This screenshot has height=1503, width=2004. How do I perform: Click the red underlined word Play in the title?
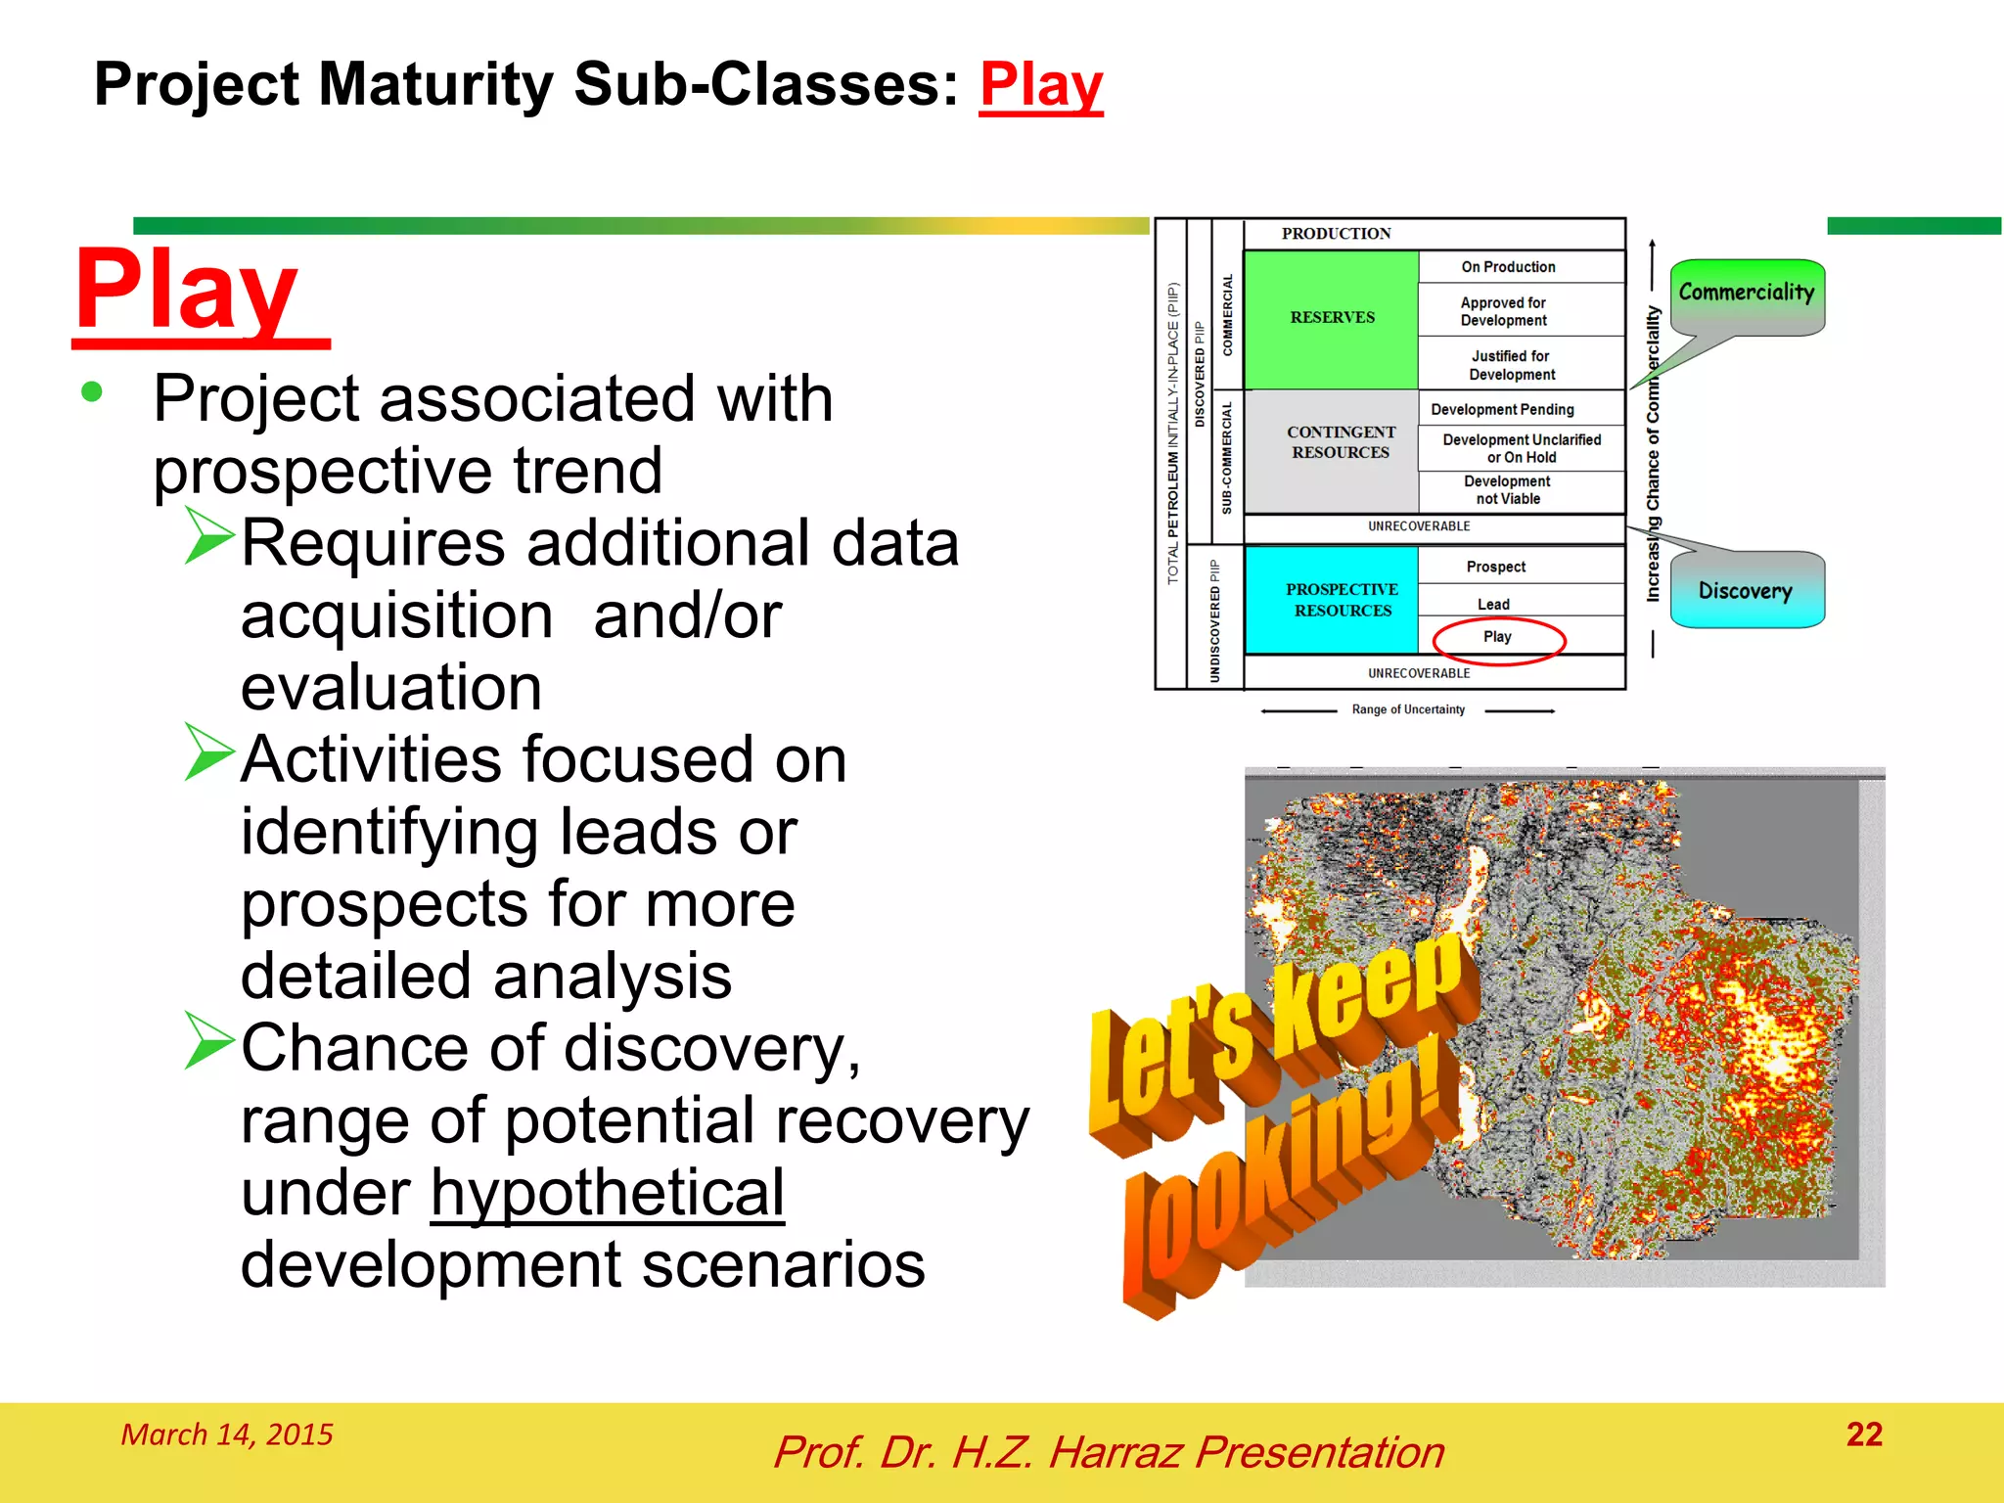pyautogui.click(x=1040, y=86)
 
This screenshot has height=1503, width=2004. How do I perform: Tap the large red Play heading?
pyautogui.click(x=188, y=291)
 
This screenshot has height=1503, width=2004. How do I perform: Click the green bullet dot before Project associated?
pyautogui.click(x=92, y=392)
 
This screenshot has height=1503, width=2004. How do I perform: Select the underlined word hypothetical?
pyautogui.click(x=608, y=1193)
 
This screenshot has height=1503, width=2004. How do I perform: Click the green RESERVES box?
pyautogui.click(x=1332, y=319)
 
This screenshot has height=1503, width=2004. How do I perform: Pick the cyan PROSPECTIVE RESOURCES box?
pyautogui.click(x=1342, y=600)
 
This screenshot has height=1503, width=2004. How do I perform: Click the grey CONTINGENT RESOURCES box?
pyautogui.click(x=1340, y=442)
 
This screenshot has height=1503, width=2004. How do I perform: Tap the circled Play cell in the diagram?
pyautogui.click(x=1498, y=637)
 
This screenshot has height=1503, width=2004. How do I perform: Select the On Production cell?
pyautogui.click(x=1508, y=267)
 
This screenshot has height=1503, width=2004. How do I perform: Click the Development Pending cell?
pyautogui.click(x=1503, y=409)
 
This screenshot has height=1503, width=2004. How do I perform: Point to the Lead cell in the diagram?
pyautogui.click(x=1493, y=604)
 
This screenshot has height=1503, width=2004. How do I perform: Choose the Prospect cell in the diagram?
pyautogui.click(x=1496, y=567)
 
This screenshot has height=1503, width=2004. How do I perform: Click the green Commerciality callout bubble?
pyautogui.click(x=1746, y=294)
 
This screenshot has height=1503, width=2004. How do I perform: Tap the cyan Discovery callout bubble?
pyautogui.click(x=1746, y=590)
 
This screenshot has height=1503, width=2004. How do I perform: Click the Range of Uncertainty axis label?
pyautogui.click(x=1408, y=709)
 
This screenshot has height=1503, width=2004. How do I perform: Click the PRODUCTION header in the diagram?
pyautogui.click(x=1336, y=234)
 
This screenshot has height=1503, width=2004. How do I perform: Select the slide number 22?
pyautogui.click(x=1864, y=1435)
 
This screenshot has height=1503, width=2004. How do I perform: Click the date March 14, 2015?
pyautogui.click(x=227, y=1435)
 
